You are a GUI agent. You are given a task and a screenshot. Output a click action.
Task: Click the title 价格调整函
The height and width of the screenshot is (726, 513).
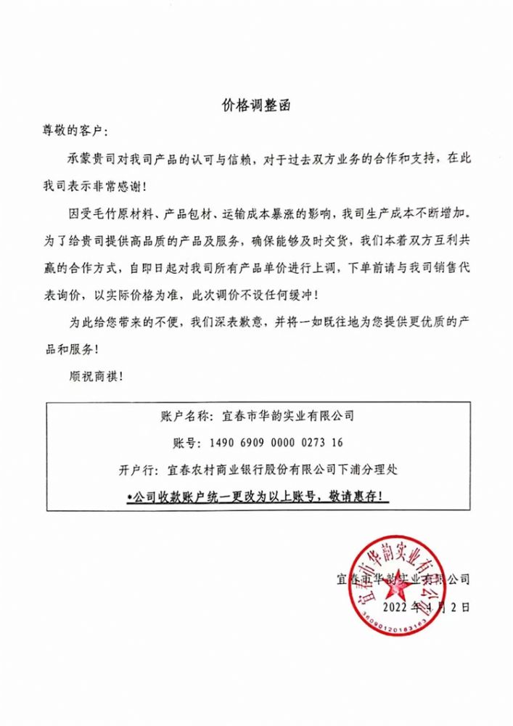[257, 105]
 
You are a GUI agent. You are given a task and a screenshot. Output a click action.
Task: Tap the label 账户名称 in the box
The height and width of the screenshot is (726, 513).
[182, 416]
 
